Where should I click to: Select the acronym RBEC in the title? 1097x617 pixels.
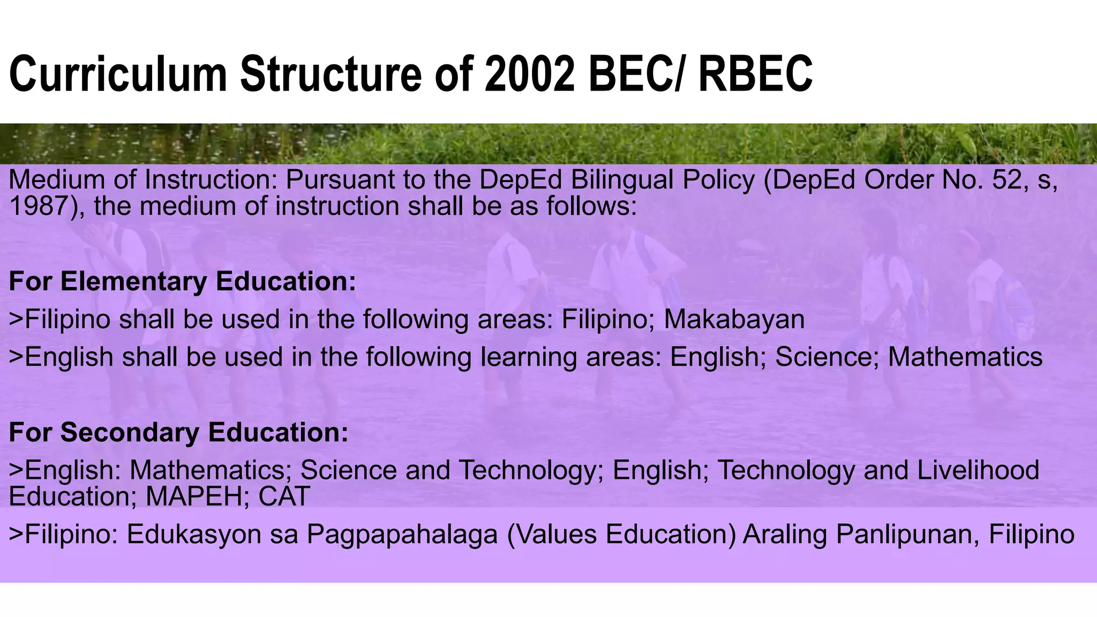(x=755, y=75)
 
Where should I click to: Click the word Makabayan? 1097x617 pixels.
(x=734, y=320)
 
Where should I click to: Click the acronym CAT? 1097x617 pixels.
(x=284, y=496)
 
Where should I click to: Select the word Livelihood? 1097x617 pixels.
(x=978, y=470)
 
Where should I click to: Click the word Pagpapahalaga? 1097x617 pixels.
(x=402, y=535)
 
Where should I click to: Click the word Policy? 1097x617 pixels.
(x=718, y=180)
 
